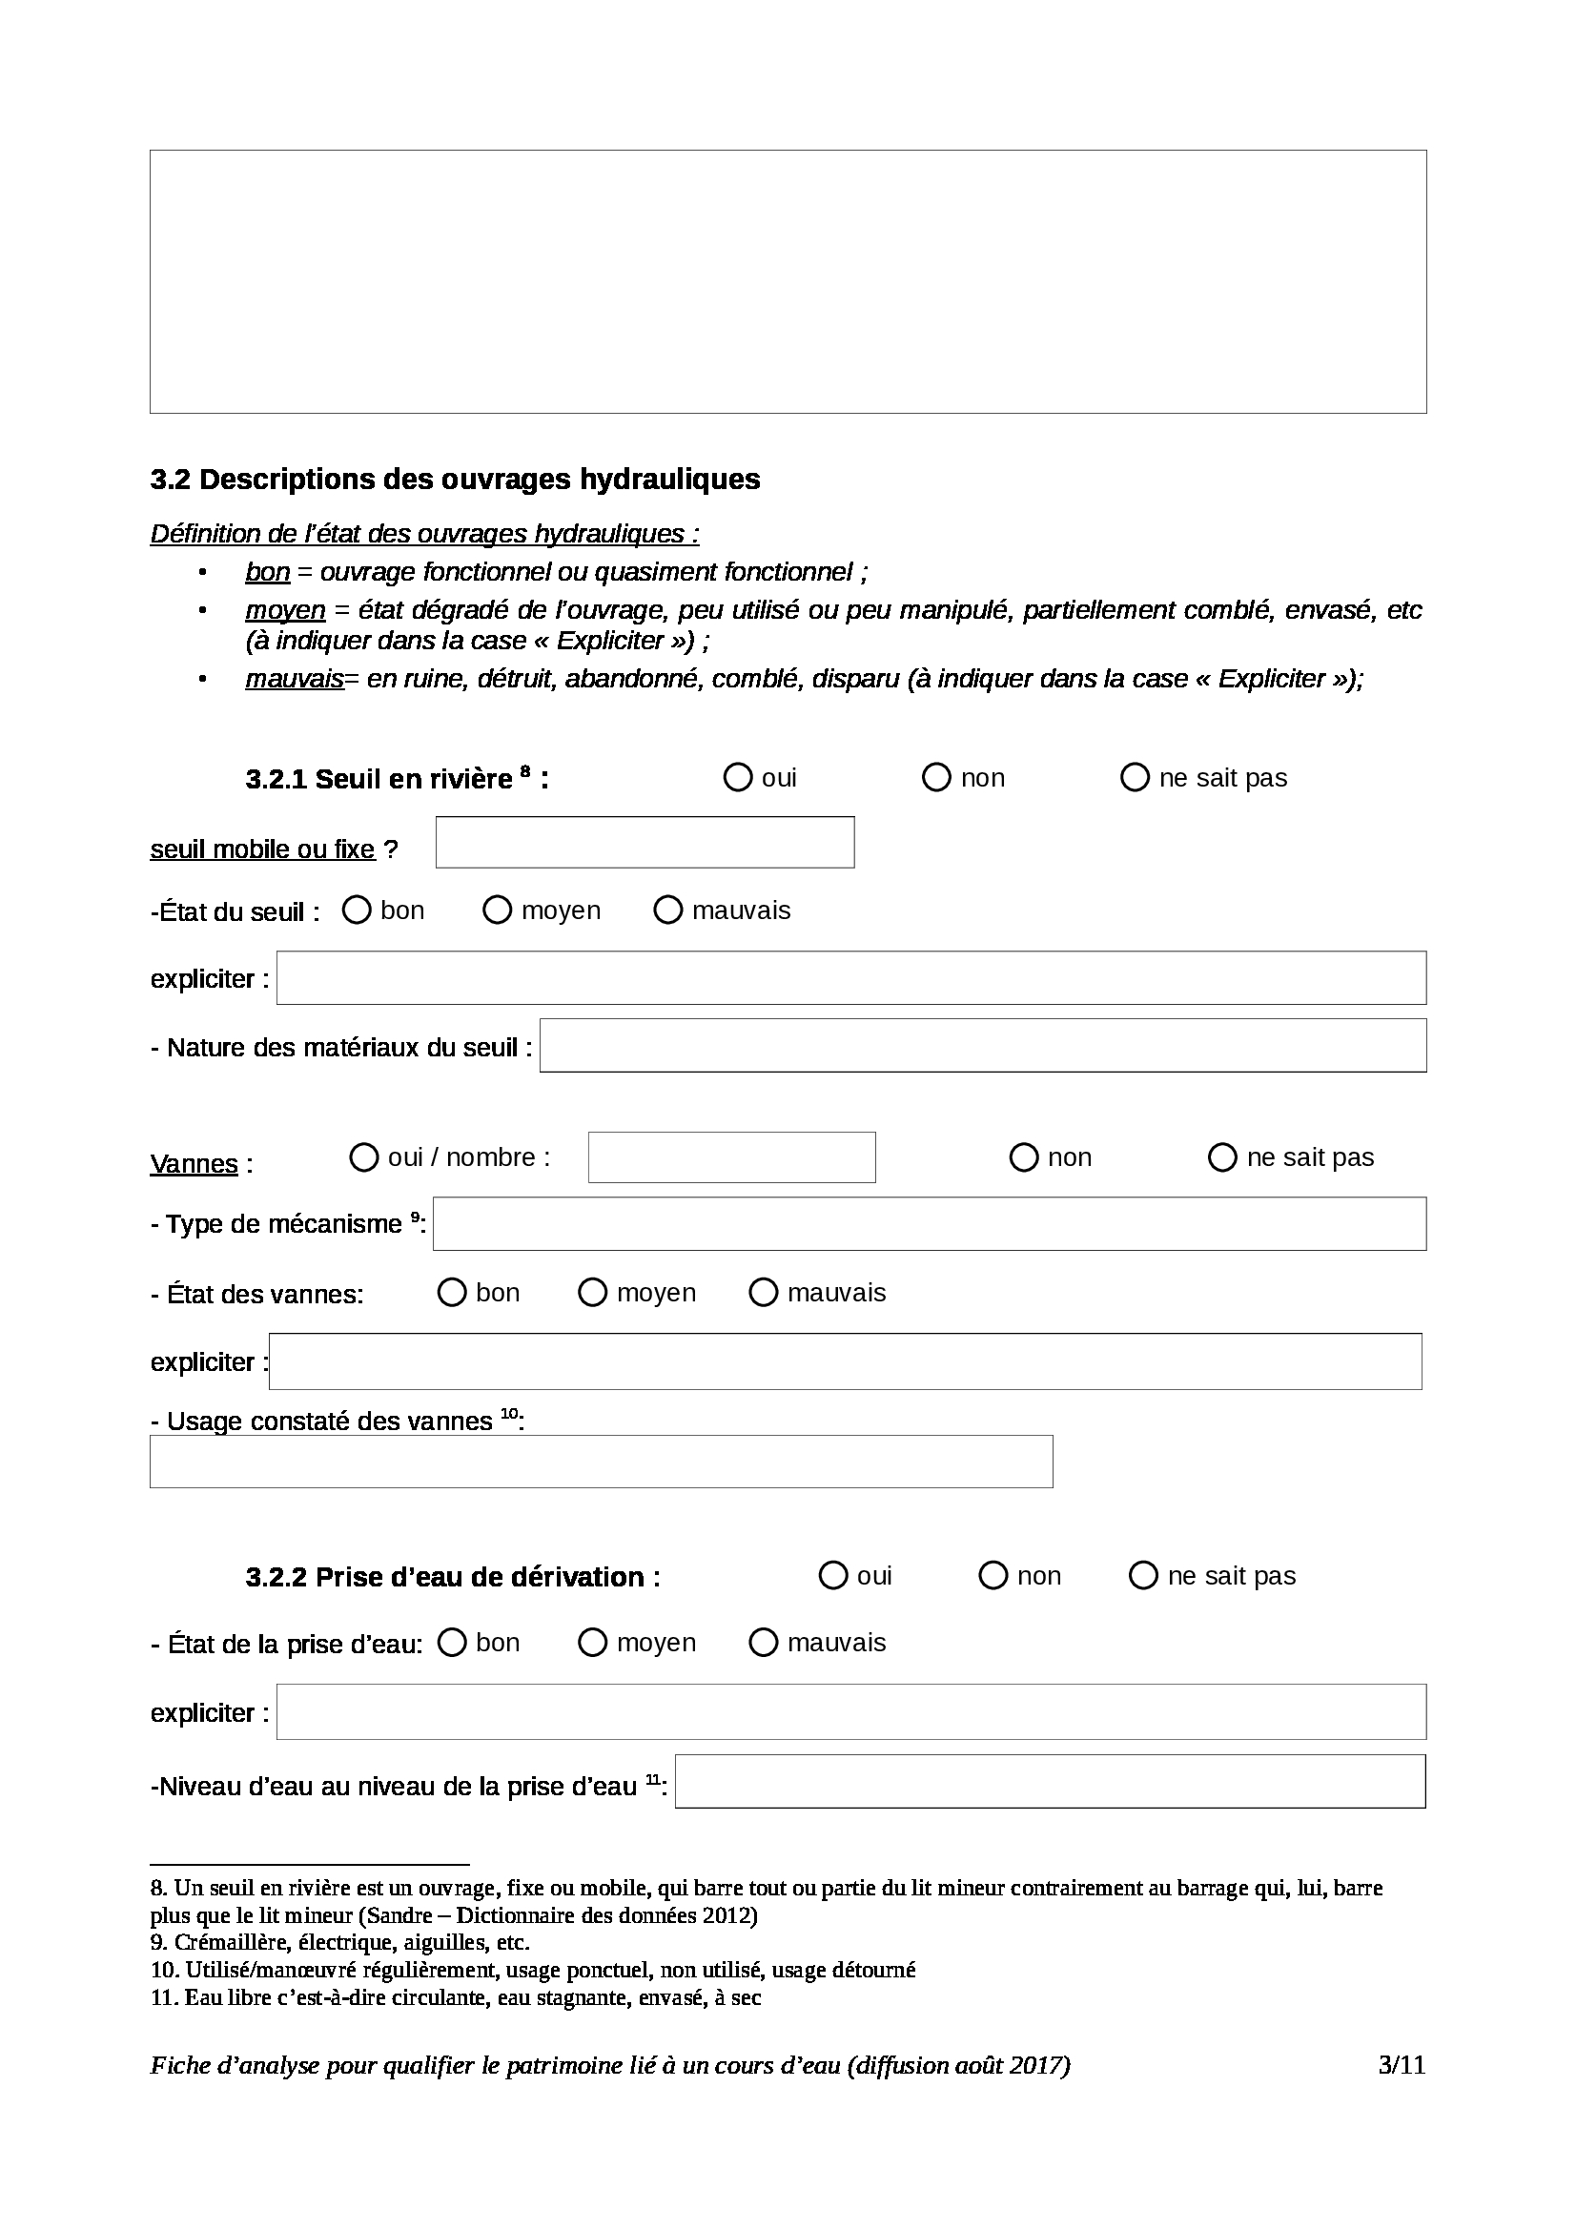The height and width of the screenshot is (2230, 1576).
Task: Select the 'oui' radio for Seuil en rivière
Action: (738, 777)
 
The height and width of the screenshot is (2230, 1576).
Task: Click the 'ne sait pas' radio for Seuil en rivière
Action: (1135, 777)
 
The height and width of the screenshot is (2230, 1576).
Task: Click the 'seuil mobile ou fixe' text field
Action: (645, 842)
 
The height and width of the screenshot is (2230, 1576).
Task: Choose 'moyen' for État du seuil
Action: (497, 910)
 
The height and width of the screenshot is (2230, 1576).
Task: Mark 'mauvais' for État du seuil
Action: (668, 910)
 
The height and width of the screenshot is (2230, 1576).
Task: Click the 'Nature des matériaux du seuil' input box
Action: (983, 1045)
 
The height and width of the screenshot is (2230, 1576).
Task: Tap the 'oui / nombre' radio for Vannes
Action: (363, 1156)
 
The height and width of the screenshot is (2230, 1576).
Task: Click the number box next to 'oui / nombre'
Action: (731, 1156)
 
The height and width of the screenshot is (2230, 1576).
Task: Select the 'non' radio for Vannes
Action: (1023, 1156)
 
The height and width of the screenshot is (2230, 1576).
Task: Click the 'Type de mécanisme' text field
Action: (930, 1224)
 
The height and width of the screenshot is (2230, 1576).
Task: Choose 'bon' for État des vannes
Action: (452, 1292)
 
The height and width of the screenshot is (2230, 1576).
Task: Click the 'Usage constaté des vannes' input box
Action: (601, 1461)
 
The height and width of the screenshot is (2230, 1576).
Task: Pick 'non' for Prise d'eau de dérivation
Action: (993, 1575)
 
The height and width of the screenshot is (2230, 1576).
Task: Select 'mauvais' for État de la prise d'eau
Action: (764, 1643)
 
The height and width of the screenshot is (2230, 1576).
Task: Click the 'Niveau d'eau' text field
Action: (1050, 1781)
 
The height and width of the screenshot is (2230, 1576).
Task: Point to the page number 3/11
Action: (1402, 2065)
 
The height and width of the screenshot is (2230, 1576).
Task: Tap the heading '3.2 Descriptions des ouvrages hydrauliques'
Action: (455, 479)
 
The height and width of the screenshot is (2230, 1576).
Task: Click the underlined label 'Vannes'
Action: (194, 1163)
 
